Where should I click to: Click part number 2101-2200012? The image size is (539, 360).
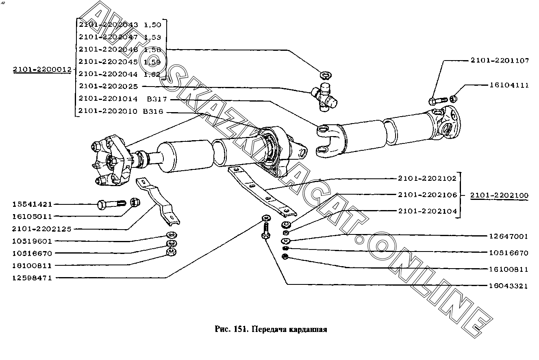pos(41,70)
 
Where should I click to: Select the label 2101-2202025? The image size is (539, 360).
pos(109,86)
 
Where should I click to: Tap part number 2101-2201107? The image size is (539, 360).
pos(500,61)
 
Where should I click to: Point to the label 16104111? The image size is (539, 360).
pos(509,86)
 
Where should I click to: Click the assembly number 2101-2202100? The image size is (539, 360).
pos(500,196)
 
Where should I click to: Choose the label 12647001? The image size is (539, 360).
pos(509,236)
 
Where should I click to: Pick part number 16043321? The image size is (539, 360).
pos(509,286)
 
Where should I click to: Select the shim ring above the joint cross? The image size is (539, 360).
pos(325,75)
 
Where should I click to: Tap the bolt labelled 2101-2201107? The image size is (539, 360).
pos(437,100)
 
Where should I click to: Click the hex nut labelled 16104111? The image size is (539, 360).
pos(454,98)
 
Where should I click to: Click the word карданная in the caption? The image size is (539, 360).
pos(308,330)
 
